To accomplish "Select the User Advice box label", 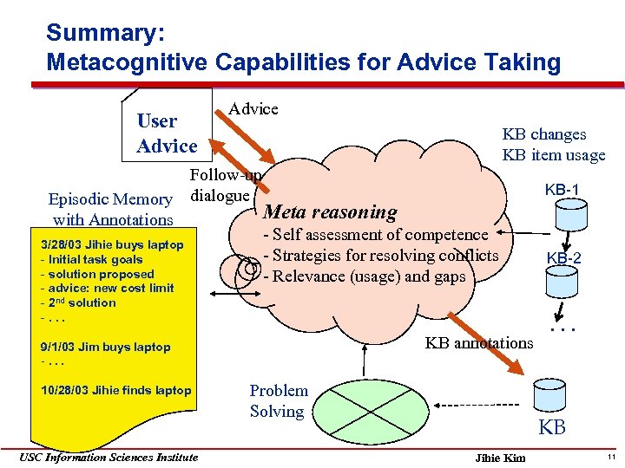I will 167,133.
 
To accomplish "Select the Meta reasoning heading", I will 329,211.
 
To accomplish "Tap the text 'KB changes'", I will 544,134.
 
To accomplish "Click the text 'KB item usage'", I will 553,155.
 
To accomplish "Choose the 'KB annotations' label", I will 478,342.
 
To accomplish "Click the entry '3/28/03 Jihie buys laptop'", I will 112,245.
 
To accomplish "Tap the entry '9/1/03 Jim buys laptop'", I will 106,348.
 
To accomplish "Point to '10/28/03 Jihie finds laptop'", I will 116,390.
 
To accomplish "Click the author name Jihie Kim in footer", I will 501,458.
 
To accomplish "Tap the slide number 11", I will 611,457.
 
